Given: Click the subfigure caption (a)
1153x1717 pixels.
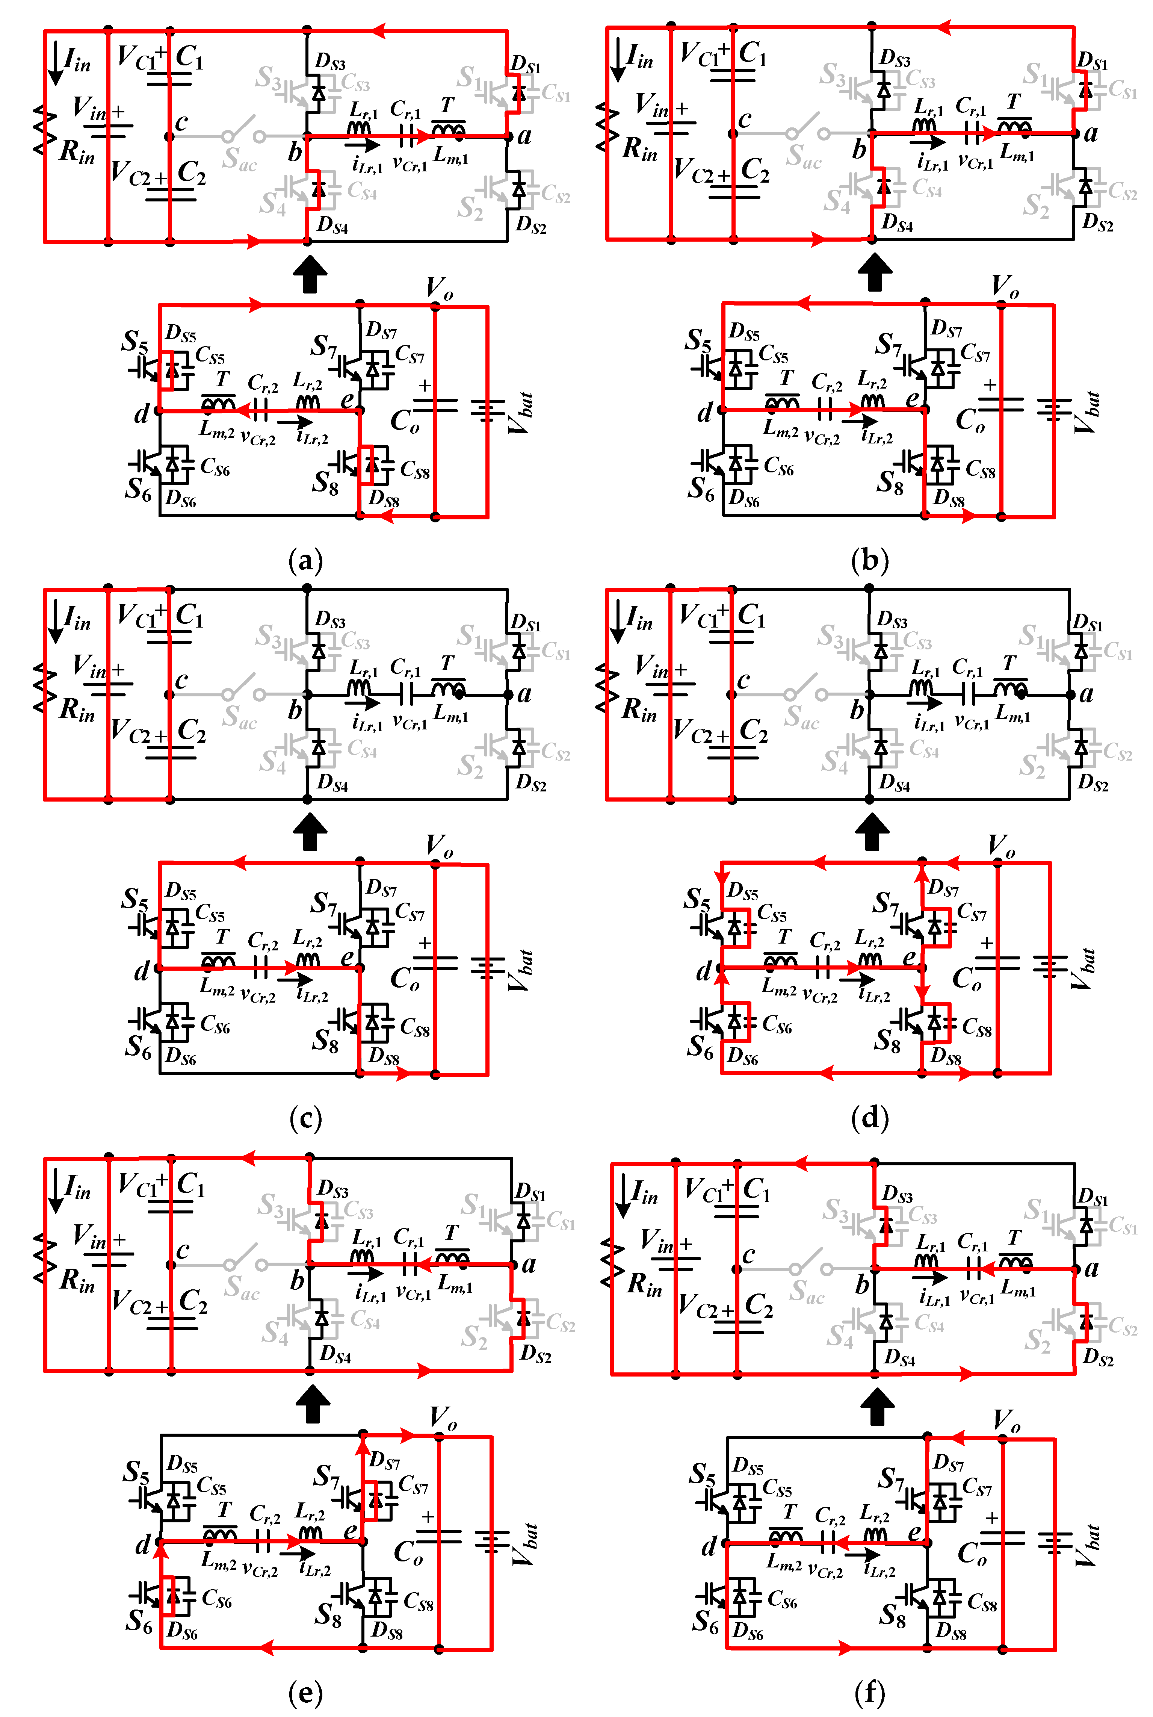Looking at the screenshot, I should point(306,560).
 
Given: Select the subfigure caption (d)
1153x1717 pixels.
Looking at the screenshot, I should point(870,1118).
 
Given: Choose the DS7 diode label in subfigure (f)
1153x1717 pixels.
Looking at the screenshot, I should point(949,1463).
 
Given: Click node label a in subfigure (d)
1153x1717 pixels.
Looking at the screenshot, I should point(1086,693).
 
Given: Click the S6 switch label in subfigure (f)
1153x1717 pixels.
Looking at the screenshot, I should point(704,1622).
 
